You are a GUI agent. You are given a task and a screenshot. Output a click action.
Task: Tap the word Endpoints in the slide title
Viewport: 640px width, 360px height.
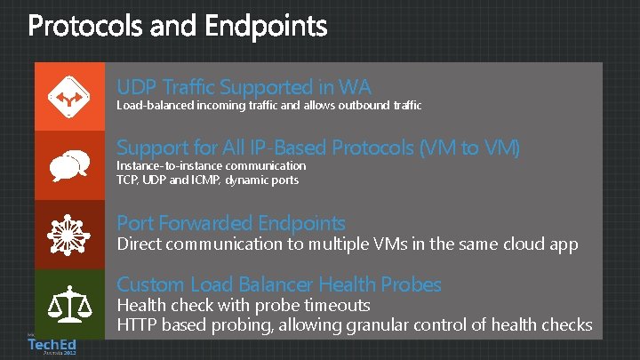[266, 28]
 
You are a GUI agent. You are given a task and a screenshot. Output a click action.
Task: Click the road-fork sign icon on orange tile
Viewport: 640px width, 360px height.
[69, 97]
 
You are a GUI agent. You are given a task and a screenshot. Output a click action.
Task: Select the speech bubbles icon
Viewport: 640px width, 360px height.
[69, 165]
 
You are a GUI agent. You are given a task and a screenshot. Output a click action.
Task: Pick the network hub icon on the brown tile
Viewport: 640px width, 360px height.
[69, 234]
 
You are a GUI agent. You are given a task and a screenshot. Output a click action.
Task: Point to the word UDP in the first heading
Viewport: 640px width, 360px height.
[136, 87]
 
